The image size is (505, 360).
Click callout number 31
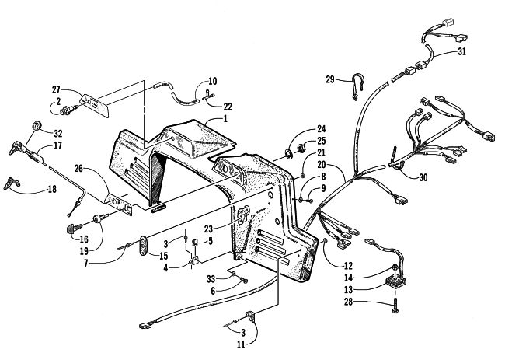(461, 51)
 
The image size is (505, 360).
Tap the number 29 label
(330, 79)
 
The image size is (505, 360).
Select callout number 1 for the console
(225, 119)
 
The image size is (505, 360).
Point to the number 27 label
(56, 89)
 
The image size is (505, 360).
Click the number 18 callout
(51, 189)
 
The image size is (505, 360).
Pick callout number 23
(208, 229)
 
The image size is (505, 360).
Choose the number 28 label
(349, 302)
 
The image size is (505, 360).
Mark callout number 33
(211, 278)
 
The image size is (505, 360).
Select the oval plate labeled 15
(144, 246)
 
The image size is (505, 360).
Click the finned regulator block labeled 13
(395, 281)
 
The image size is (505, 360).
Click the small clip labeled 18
(12, 182)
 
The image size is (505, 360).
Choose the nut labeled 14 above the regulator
(394, 267)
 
